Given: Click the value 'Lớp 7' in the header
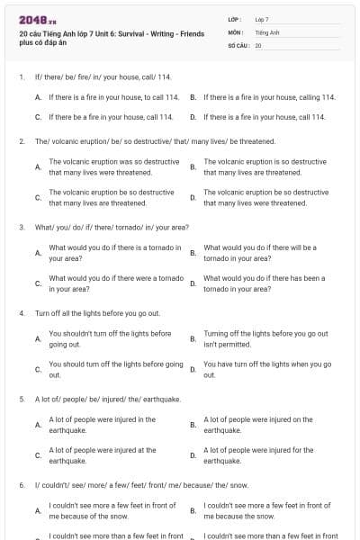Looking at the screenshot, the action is [x=262, y=19].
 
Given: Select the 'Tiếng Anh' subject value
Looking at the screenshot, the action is [x=265, y=31].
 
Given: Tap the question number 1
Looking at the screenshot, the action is [x=21, y=77].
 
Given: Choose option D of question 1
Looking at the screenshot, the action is [x=264, y=117].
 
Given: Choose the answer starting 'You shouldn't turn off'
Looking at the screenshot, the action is [x=110, y=338].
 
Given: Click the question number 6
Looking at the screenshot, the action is [x=21, y=484].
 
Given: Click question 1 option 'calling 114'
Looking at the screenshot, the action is [x=264, y=96].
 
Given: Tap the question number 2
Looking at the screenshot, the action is [x=21, y=141].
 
